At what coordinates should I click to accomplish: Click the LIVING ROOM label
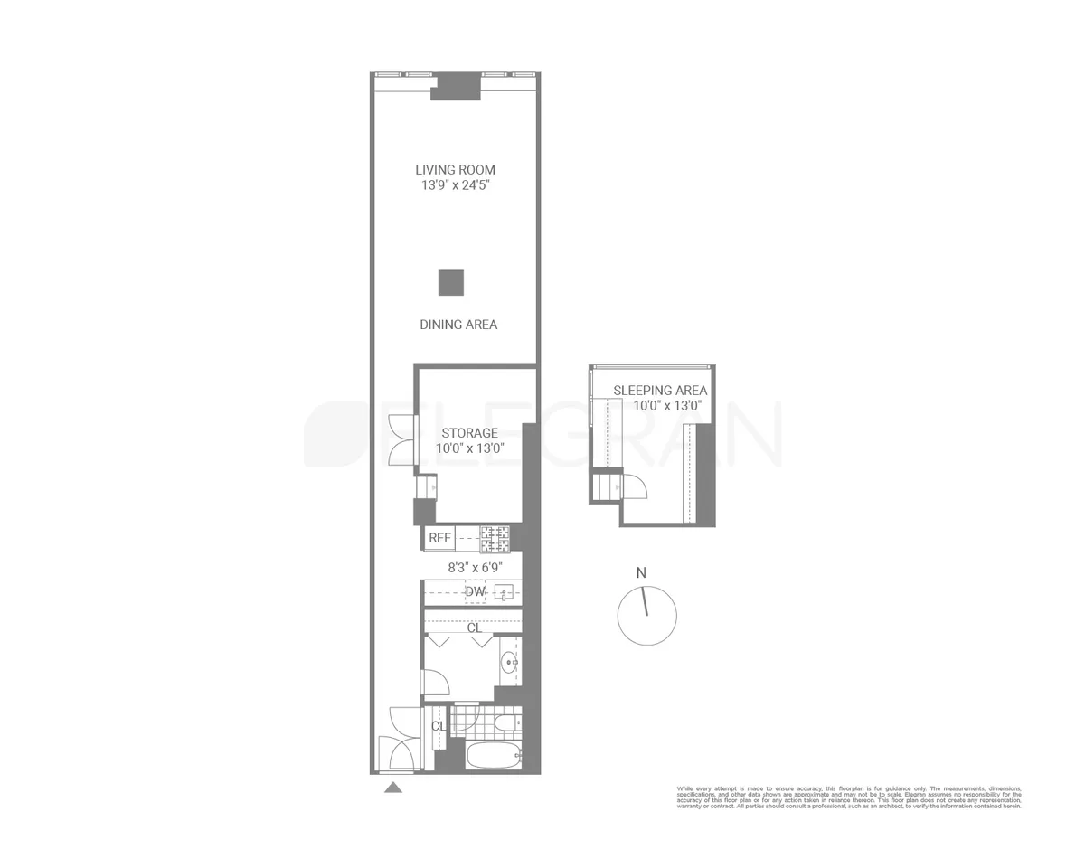(455, 170)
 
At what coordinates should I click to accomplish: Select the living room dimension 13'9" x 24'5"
(455, 185)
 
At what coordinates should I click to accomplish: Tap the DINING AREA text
(458, 325)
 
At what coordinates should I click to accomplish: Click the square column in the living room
(451, 283)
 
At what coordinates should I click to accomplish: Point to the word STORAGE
(469, 433)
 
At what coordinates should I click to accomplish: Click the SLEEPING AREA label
(660, 391)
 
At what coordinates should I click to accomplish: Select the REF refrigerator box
(439, 538)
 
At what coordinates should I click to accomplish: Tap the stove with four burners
(495, 539)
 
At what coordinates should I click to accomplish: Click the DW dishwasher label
(475, 592)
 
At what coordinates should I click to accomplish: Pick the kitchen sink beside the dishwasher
(504, 593)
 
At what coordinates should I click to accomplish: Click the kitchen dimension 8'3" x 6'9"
(475, 568)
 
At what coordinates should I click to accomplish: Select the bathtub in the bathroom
(491, 756)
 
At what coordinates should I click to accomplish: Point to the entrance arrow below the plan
(392, 788)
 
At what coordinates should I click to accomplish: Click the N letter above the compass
(641, 572)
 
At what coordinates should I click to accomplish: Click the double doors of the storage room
(401, 440)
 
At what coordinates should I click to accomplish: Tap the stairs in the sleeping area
(606, 488)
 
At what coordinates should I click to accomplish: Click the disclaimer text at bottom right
(849, 797)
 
